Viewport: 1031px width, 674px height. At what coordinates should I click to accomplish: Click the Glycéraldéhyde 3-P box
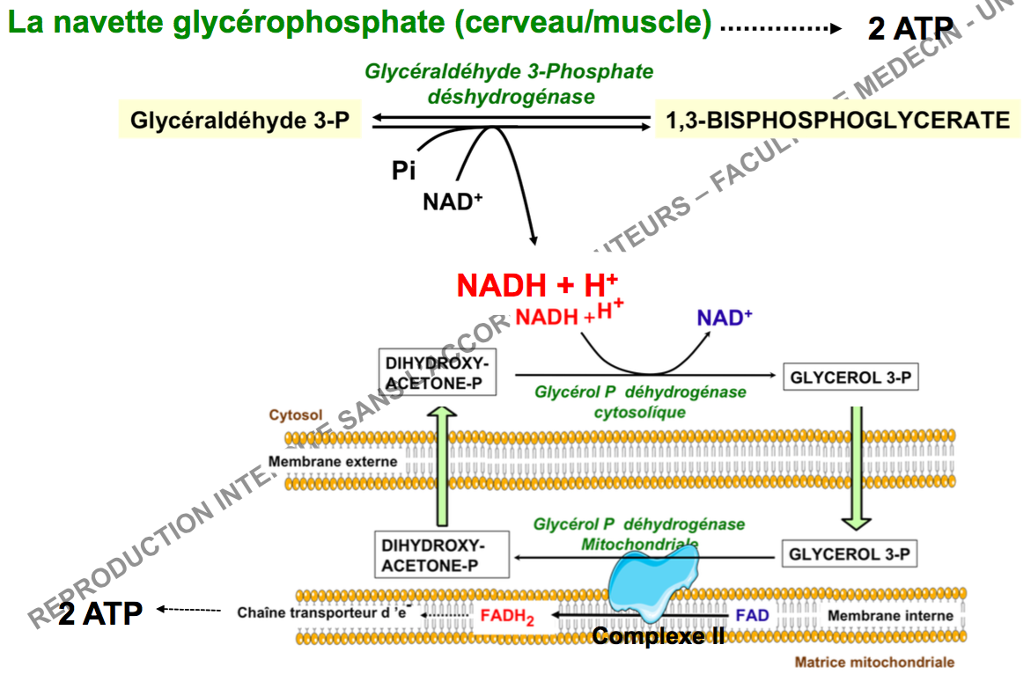point(239,121)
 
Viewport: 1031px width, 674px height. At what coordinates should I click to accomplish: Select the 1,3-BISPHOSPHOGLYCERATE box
point(837,121)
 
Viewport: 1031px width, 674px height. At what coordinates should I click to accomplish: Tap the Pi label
point(403,171)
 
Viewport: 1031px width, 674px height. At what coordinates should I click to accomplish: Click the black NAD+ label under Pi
point(453,201)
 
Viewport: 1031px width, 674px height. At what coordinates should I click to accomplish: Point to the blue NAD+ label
point(725,318)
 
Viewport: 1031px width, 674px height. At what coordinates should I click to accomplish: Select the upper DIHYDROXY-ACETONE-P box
point(436,371)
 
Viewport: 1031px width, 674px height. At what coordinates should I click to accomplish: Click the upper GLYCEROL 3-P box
point(850,378)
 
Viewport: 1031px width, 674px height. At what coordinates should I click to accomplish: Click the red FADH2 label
point(507,617)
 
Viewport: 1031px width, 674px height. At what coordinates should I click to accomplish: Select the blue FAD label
point(752,615)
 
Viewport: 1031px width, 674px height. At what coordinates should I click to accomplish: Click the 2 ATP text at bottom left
point(100,612)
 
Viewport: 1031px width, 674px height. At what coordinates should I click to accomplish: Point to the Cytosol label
point(296,414)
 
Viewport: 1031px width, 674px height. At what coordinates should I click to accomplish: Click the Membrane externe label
point(332,461)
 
